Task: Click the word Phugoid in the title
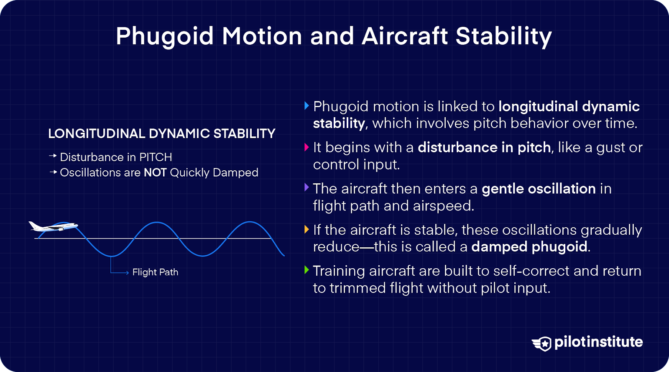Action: pos(165,36)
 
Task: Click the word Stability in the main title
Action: pos(503,36)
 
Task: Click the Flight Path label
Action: pos(155,272)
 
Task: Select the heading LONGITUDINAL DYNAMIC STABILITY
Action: pos(161,133)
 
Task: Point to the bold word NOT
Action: pos(155,173)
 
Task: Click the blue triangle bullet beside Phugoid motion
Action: pos(306,105)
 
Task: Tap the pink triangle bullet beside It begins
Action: pos(306,147)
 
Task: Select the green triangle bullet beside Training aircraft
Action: pos(306,270)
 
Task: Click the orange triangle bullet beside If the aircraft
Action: pos(306,229)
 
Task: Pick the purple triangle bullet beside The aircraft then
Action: pos(306,187)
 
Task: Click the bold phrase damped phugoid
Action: pos(529,247)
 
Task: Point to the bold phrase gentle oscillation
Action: pos(539,189)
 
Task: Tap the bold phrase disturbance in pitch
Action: pos(484,148)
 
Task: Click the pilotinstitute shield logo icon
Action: pos(542,343)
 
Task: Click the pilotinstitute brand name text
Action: pos(598,342)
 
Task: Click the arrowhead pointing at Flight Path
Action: pos(127,273)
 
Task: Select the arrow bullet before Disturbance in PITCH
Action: pos(53,156)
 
